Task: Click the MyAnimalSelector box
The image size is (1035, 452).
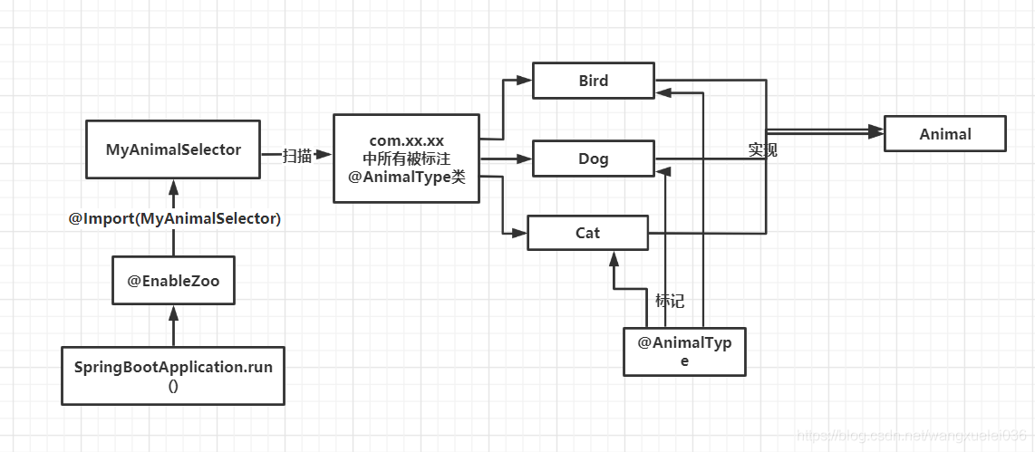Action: click(x=173, y=149)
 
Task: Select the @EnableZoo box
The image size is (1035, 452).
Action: click(x=173, y=282)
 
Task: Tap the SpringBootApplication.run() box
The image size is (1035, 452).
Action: click(x=173, y=375)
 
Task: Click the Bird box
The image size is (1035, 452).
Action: click(x=593, y=81)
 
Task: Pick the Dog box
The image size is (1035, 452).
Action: click(x=593, y=159)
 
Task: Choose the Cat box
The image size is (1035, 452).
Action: click(x=587, y=233)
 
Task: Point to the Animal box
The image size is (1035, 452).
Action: click(x=944, y=134)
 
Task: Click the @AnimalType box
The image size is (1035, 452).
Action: click(x=684, y=351)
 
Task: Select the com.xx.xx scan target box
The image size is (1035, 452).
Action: click(x=406, y=159)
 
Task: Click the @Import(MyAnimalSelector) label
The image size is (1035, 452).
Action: click(x=175, y=218)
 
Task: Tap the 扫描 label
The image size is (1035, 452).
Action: click(x=296, y=156)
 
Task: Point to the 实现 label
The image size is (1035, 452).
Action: click(x=762, y=150)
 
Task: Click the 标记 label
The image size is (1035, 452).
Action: click(x=670, y=301)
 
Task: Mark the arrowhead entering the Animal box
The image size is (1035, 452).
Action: click(x=875, y=133)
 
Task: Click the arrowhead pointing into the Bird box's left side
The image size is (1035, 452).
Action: click(x=525, y=81)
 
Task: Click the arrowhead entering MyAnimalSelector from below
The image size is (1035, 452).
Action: click(x=173, y=186)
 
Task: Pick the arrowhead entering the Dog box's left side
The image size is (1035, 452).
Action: click(x=525, y=159)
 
